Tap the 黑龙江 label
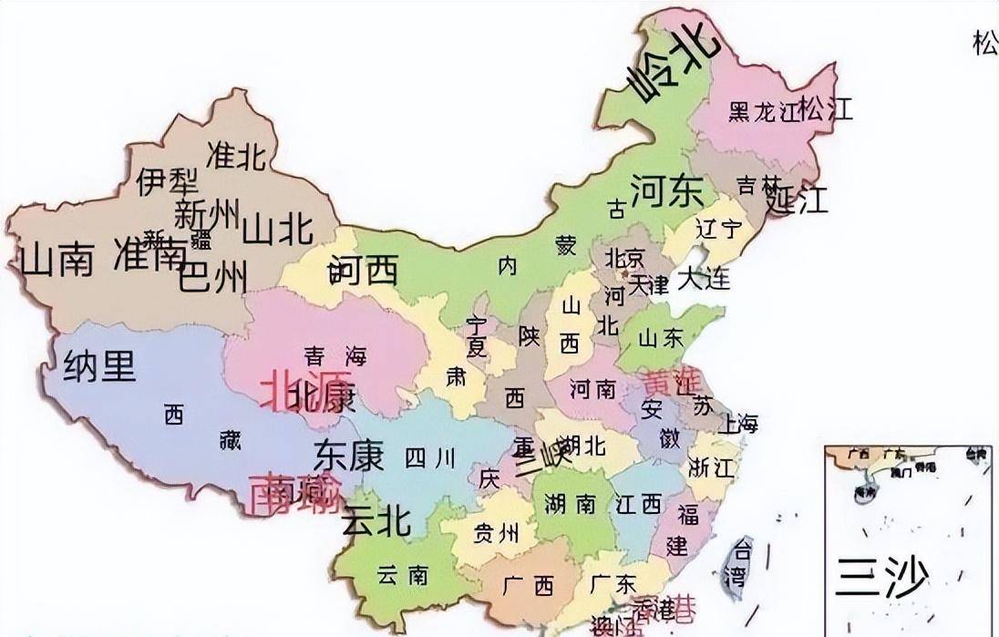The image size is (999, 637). click(x=763, y=112)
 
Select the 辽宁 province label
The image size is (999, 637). click(x=719, y=228)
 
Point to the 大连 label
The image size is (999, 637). click(x=704, y=278)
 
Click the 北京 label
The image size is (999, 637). click(x=624, y=257)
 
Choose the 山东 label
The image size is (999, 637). click(x=661, y=338)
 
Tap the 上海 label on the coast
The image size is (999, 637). click(x=738, y=424)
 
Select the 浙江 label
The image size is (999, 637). click(x=712, y=468)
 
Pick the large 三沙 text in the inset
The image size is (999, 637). click(x=881, y=577)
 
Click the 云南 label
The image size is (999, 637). click(x=402, y=575)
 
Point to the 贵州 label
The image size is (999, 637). click(x=496, y=533)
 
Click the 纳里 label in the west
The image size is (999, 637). click(x=100, y=366)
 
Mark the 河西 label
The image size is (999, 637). click(x=364, y=270)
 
